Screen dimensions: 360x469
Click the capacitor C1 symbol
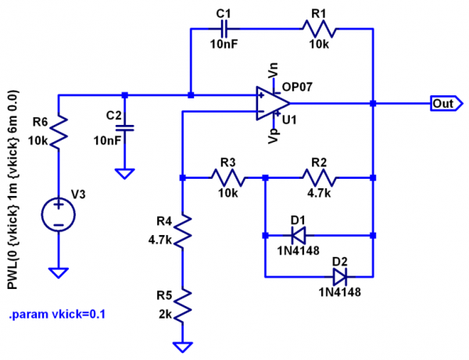(225, 30)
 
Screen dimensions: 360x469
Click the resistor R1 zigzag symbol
(319, 30)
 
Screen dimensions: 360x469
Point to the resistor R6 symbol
(59, 128)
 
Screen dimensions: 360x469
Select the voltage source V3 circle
(59, 212)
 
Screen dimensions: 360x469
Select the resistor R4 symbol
(181, 231)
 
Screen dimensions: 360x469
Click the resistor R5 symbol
(181, 305)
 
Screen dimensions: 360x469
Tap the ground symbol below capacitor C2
(125, 173)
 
